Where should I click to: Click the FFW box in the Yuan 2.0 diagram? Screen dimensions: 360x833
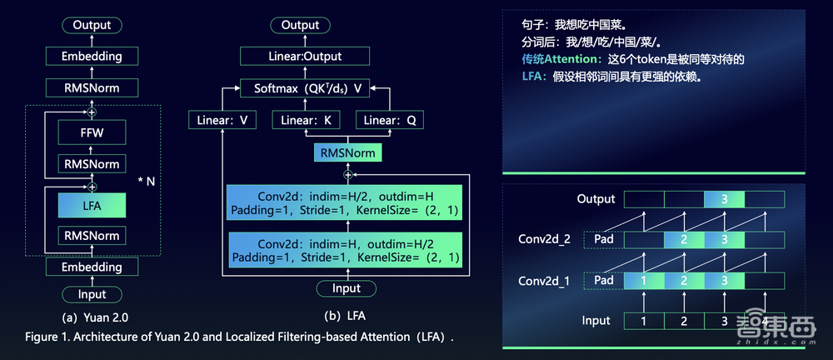92,132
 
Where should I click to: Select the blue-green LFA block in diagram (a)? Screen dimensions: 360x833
92,204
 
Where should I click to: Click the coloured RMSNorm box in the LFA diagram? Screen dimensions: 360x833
347,153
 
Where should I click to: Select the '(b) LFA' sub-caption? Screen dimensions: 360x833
346,317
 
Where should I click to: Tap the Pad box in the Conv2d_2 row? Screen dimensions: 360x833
604,240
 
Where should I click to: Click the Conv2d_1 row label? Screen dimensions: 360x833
545,281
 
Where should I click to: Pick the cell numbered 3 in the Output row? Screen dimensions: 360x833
724,199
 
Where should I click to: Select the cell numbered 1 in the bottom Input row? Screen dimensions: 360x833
644,321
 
